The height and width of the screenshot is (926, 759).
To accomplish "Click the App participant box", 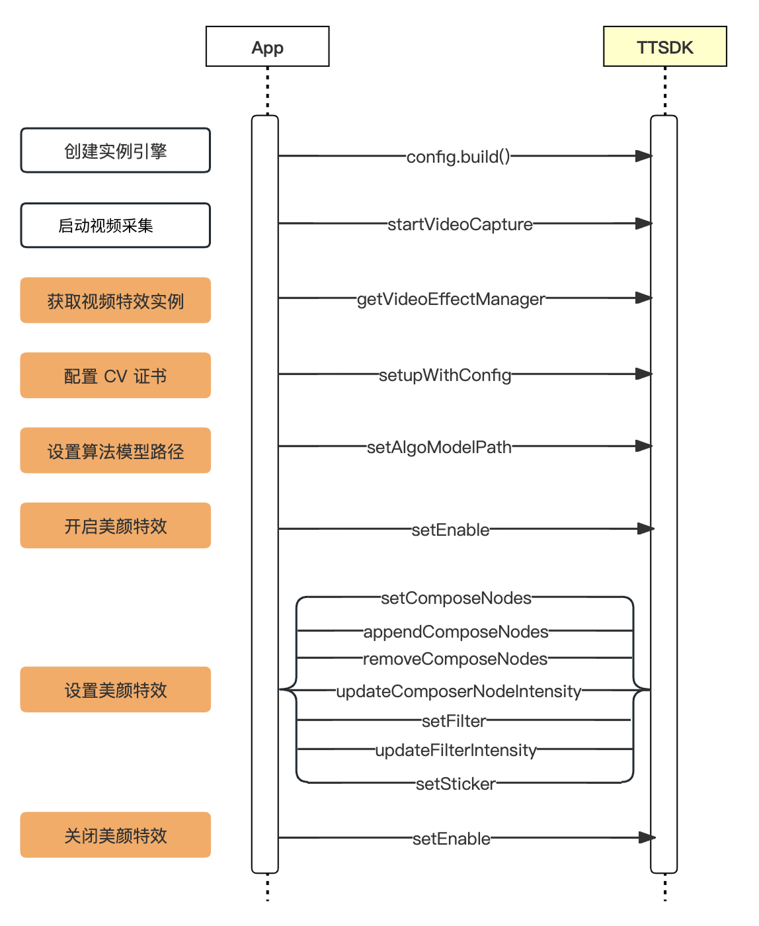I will (x=267, y=47).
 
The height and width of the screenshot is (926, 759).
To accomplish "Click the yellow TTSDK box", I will (x=664, y=47).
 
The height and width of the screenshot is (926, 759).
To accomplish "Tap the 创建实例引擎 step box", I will (x=115, y=151).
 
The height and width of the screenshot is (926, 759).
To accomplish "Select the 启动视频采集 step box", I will (x=115, y=226).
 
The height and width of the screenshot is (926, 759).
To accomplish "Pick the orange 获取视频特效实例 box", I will (x=115, y=301).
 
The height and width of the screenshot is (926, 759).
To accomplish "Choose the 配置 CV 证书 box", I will (x=115, y=376).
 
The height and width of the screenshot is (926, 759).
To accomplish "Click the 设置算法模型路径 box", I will (x=115, y=451).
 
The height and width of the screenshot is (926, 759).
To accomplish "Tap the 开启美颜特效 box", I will (x=115, y=526).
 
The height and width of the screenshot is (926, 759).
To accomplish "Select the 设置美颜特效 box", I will (x=115, y=690).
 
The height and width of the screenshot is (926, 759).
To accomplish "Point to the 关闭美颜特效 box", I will (x=115, y=835).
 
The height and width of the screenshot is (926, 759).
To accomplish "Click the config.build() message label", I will (x=458, y=157).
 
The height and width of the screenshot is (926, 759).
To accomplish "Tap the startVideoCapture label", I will (x=460, y=224).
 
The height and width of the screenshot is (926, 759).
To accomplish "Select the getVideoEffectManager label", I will (x=451, y=299).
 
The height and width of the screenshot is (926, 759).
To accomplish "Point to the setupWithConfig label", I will (x=445, y=375).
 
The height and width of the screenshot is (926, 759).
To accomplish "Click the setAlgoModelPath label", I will (x=439, y=447).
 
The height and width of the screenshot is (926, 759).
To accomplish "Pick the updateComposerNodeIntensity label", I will (x=459, y=691).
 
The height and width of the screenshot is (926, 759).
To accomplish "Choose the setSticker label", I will (x=456, y=784).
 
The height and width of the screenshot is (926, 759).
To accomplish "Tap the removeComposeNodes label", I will (x=456, y=659).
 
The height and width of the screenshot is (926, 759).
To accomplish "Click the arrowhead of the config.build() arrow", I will (x=643, y=156).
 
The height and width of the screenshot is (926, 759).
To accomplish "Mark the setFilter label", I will (x=454, y=721).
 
